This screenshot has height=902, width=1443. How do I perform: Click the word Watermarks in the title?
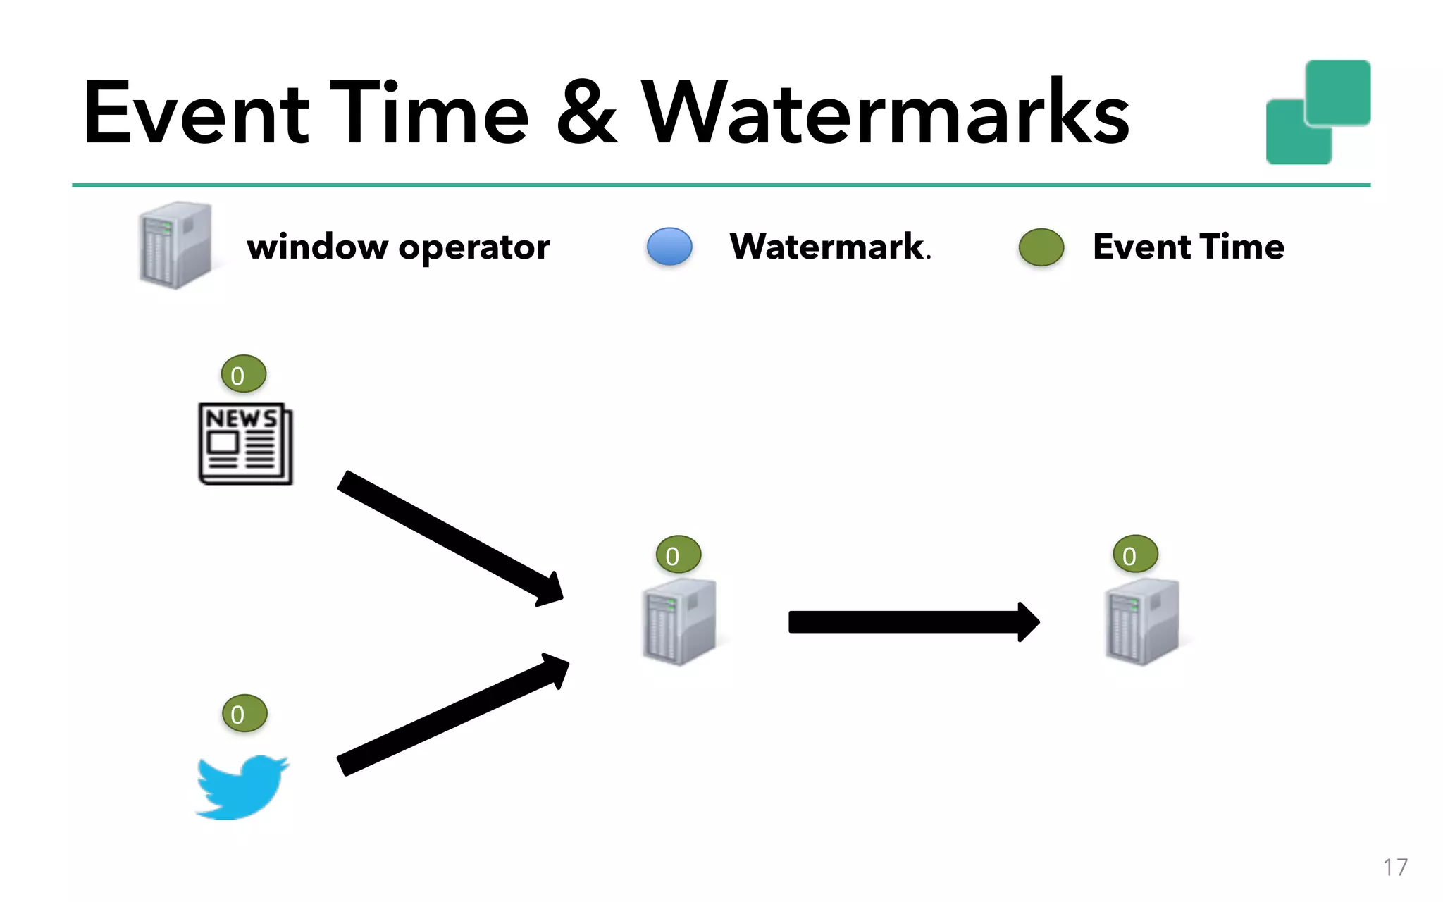886,113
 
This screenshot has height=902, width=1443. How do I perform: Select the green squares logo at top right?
1318,113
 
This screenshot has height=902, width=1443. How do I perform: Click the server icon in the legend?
175,245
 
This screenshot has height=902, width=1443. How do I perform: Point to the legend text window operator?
398,247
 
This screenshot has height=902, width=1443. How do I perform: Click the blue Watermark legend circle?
669,247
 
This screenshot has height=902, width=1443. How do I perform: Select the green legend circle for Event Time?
1041,247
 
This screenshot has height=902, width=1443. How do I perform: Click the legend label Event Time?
1189,247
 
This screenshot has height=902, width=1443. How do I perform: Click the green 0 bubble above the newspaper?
243,374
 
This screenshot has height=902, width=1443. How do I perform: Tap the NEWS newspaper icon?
245,444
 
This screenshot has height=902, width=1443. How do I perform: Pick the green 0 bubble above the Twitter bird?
244,714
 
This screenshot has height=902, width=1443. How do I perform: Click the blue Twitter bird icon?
242,787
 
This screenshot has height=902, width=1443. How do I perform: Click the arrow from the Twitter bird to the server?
451,715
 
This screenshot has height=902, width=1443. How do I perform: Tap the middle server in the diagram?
680,622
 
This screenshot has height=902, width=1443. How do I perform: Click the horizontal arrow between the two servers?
912,622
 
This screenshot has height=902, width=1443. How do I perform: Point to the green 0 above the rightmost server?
1135,555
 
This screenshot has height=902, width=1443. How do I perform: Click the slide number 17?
1394,867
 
